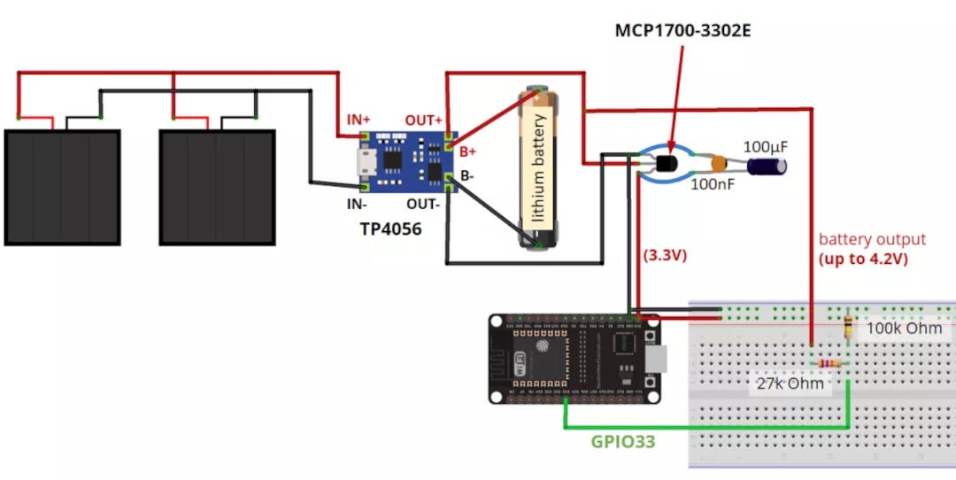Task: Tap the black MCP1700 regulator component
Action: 665,161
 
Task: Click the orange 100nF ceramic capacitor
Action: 720,163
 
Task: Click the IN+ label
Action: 358,120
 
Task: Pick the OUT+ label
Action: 424,120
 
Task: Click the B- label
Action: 466,175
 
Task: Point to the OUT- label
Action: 424,205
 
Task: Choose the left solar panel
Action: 62,187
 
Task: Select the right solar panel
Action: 217,187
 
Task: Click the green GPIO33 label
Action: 623,440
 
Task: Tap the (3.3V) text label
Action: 665,255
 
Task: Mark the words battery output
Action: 872,239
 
